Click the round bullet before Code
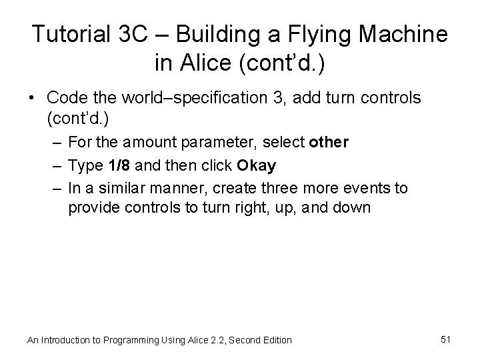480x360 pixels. click(x=33, y=99)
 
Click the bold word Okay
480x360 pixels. click(x=256, y=165)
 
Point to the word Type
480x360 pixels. click(x=83, y=165)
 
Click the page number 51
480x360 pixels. click(x=446, y=339)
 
